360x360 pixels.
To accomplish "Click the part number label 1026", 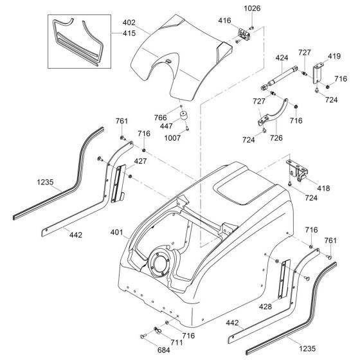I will [251, 8].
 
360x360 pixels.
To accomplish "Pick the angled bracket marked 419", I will [318, 73].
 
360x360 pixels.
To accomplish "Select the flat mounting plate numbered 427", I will [119, 183].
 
